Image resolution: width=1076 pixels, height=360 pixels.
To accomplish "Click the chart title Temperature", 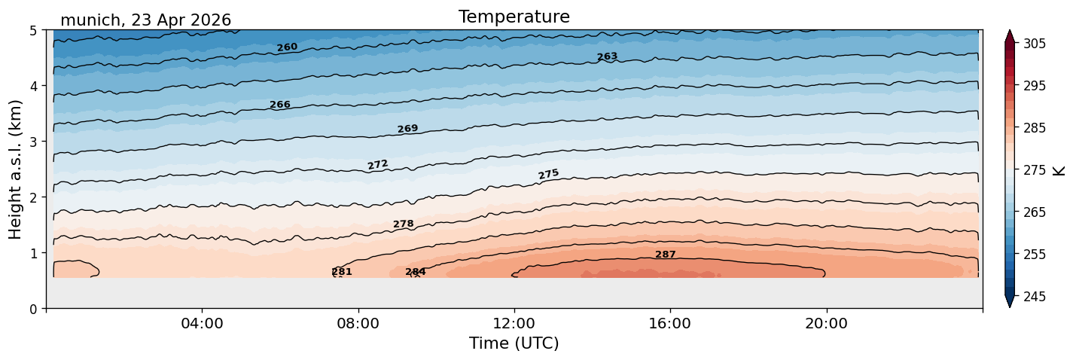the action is click(514, 17).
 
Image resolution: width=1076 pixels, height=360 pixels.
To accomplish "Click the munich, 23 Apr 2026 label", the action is click(145, 20).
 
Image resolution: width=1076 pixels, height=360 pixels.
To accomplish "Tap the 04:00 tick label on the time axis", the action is click(203, 323).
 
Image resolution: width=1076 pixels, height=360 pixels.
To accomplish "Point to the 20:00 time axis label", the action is click(826, 323).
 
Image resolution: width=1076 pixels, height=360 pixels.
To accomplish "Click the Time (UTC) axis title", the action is click(514, 343).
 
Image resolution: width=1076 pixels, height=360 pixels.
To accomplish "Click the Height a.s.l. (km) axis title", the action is click(15, 169).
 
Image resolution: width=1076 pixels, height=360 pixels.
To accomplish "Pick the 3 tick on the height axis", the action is click(33, 142).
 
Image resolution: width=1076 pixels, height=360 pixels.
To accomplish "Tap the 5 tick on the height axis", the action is click(33, 31).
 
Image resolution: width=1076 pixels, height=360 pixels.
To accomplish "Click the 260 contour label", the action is click(287, 47).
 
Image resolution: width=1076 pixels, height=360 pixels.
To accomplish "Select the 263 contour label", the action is click(607, 56).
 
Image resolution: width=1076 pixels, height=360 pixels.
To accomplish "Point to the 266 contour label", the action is click(280, 105).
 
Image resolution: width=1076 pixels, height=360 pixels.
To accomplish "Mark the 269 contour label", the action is click(408, 129).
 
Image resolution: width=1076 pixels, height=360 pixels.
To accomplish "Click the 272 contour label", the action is click(377, 165).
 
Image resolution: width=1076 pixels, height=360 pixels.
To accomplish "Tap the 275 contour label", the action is click(549, 174).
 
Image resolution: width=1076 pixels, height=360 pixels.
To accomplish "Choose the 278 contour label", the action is click(404, 224).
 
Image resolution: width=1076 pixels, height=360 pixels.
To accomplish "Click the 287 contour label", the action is click(666, 255).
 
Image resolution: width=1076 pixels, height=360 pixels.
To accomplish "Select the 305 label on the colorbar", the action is click(1034, 44).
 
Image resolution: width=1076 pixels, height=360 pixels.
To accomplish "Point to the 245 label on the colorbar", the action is click(1034, 297).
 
